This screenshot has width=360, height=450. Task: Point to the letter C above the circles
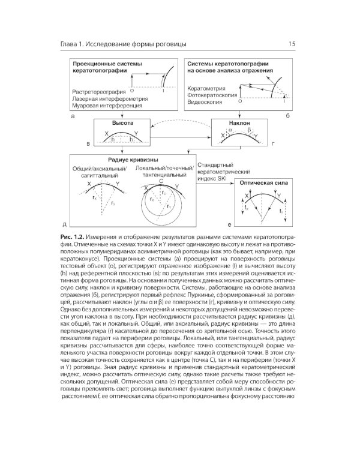pos(161,181)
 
